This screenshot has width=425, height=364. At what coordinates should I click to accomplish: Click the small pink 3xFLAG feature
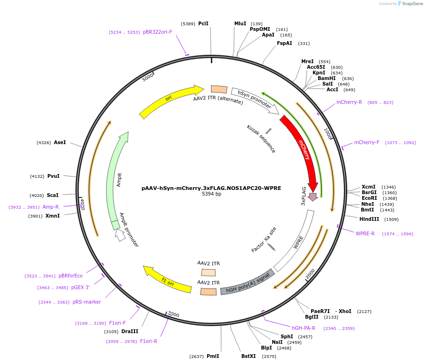pyautogui.click(x=313, y=197)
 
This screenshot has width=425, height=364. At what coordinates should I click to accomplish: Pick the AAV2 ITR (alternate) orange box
pyautogui.click(x=219, y=89)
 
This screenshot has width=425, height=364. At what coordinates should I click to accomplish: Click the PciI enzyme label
pyautogui.click(x=203, y=23)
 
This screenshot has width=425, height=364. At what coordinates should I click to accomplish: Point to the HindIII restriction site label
pyautogui.click(x=369, y=219)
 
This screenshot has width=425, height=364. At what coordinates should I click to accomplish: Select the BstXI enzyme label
pyautogui.click(x=249, y=356)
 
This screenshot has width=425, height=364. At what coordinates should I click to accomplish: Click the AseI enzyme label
pyautogui.click(x=60, y=142)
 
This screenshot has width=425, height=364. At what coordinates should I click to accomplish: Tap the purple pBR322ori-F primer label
pyautogui.click(x=157, y=32)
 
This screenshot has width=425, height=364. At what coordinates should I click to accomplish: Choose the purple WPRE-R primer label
pyautogui.click(x=365, y=233)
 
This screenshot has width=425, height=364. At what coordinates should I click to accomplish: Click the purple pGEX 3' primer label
pyautogui.click(x=81, y=287)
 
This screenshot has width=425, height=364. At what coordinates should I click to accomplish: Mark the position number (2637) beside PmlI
pyautogui.click(x=196, y=356)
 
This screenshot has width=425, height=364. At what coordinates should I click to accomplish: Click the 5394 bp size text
pyautogui.click(x=211, y=194)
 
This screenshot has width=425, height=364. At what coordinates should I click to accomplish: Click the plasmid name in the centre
pyautogui.click(x=211, y=188)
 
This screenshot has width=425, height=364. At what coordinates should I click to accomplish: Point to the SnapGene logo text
pyautogui.click(x=410, y=4)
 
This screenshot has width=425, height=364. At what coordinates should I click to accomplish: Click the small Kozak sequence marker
pyautogui.click(x=268, y=131)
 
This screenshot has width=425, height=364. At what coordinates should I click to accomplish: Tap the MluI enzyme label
pyautogui.click(x=240, y=23)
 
